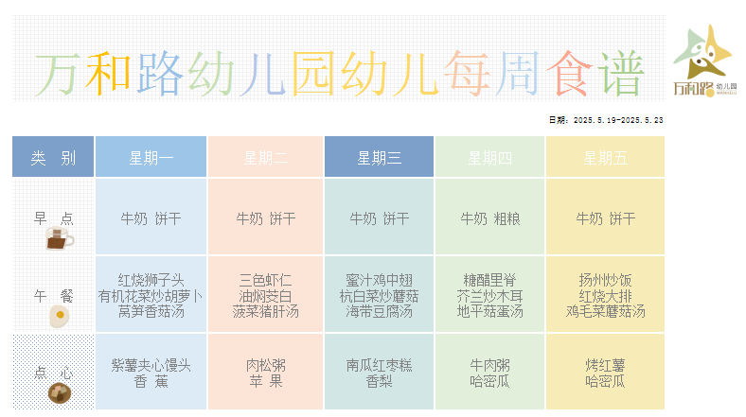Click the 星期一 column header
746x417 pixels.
click(151, 157)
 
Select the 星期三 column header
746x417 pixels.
click(379, 157)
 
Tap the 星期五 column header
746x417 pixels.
click(605, 157)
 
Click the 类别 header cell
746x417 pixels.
click(53, 157)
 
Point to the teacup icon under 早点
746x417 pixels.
click(59, 238)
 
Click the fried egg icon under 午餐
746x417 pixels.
click(60, 317)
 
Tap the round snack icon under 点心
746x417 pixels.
click(60, 393)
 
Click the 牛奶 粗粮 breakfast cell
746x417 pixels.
click(490, 218)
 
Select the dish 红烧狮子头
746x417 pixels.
click(151, 280)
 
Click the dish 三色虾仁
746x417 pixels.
click(265, 280)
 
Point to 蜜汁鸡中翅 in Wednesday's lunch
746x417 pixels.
click(380, 280)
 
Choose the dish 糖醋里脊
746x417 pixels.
click(490, 280)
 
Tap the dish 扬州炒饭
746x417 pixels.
click(605, 280)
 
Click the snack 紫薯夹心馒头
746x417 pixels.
click(151, 365)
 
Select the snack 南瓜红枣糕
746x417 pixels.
click(380, 365)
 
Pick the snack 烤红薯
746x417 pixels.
click(605, 365)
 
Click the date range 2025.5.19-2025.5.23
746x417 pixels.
click(618, 120)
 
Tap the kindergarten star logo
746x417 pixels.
click(702, 52)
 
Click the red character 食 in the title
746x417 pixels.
click(569, 74)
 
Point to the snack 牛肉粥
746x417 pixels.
click(490, 365)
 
